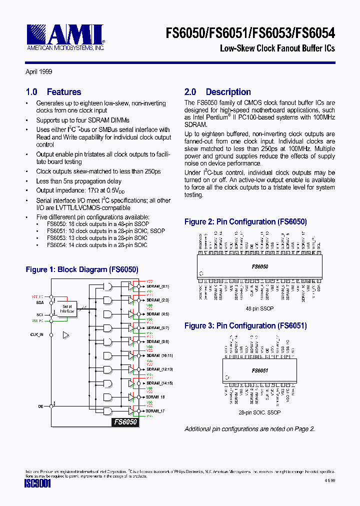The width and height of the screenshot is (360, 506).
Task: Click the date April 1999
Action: tap(39, 72)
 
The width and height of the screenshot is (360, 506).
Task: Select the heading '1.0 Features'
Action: tap(53, 92)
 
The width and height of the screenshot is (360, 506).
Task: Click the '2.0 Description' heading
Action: tap(217, 92)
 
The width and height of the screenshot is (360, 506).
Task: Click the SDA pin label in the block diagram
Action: tap(39, 302)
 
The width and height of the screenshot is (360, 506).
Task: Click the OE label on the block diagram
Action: tap(40, 406)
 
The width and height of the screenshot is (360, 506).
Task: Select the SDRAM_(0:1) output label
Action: tap(157, 286)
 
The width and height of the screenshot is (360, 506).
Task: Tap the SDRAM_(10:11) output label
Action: tap(158, 355)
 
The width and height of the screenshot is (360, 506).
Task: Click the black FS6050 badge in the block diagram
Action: tap(125, 421)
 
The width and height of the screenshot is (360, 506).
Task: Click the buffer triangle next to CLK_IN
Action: tap(65, 334)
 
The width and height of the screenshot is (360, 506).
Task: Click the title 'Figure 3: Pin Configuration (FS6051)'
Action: tap(245, 326)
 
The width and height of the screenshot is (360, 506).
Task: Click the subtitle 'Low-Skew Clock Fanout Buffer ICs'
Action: tap(277, 48)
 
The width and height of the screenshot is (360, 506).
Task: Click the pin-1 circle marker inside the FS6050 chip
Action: tap(201, 273)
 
